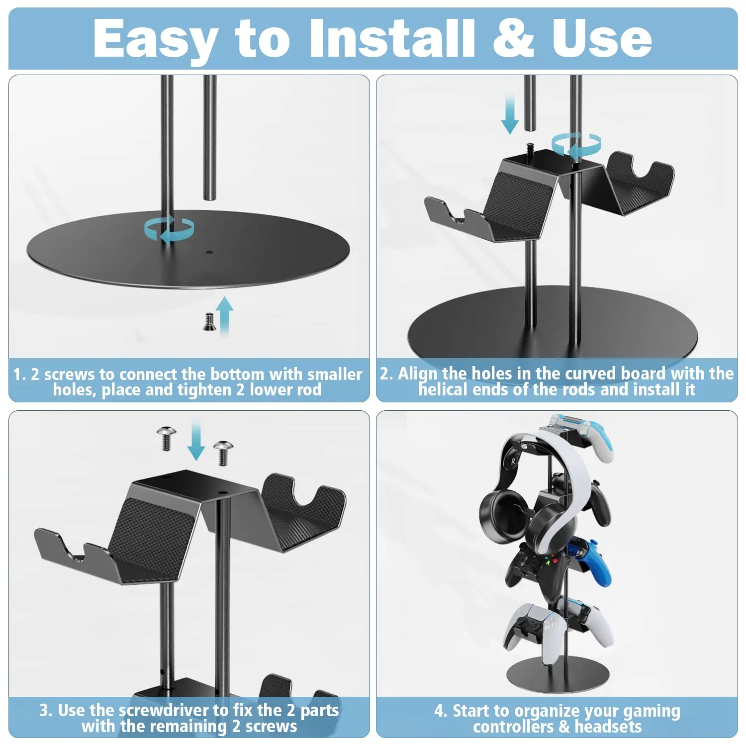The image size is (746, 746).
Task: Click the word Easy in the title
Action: click(155, 39)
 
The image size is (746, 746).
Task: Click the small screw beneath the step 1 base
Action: click(209, 321)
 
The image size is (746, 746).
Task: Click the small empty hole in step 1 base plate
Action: click(209, 253)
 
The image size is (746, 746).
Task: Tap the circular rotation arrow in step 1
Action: click(169, 229)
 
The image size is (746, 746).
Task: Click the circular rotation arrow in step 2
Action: click(576, 145)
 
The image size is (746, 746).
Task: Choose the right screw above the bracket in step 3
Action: click(223, 452)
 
